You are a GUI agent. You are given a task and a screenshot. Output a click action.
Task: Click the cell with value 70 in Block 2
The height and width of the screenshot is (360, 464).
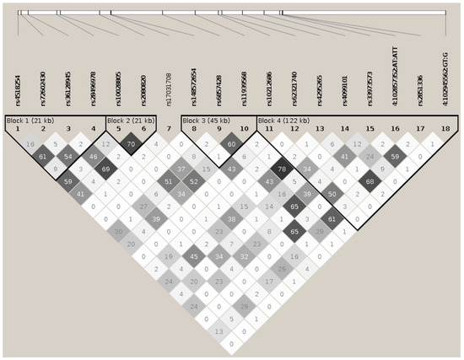pyautogui.click(x=131, y=144)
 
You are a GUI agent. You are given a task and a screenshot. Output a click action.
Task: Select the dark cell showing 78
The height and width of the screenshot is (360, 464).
pyautogui.click(x=283, y=169)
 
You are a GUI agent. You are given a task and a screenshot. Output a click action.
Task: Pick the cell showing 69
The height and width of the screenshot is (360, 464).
pyautogui.click(x=105, y=169)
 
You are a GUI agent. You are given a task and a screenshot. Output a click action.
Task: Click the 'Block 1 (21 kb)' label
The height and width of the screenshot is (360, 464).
pyautogui.click(x=29, y=120)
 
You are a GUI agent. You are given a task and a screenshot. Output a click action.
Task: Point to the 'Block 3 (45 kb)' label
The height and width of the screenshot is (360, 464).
pyautogui.click(x=206, y=120)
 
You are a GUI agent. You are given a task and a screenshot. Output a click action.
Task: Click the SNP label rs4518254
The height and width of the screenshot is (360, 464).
pyautogui.click(x=18, y=88)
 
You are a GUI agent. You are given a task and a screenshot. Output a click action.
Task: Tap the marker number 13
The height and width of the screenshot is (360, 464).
pyautogui.click(x=319, y=128)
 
